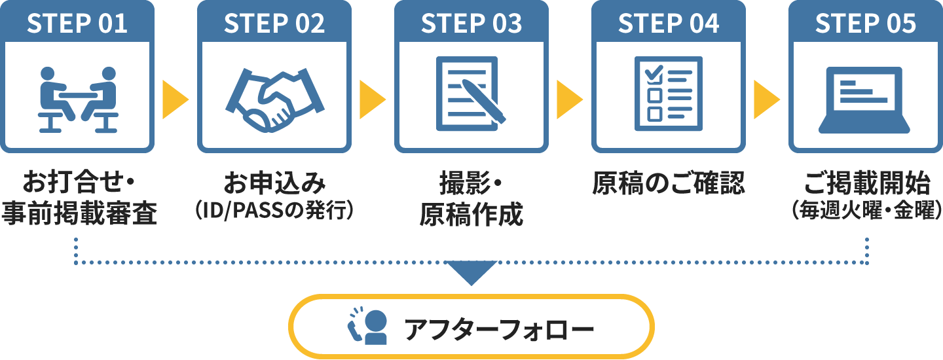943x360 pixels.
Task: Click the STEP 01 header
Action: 77,23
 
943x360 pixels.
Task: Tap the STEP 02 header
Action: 274,23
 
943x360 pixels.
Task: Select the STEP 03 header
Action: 471,23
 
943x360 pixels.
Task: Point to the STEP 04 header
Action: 669,23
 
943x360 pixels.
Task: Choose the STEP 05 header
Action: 866,23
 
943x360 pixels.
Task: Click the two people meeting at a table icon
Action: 78,99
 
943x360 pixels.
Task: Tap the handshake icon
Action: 275,98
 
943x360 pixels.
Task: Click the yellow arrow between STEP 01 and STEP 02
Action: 175,99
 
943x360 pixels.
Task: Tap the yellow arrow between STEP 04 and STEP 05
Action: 766,99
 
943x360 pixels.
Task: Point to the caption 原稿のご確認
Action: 669,184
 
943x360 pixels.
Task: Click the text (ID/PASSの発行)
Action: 275,211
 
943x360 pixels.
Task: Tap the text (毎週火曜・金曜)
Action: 866,211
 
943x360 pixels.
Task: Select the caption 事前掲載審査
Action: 79,213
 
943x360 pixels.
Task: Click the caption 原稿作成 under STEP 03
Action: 471,213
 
